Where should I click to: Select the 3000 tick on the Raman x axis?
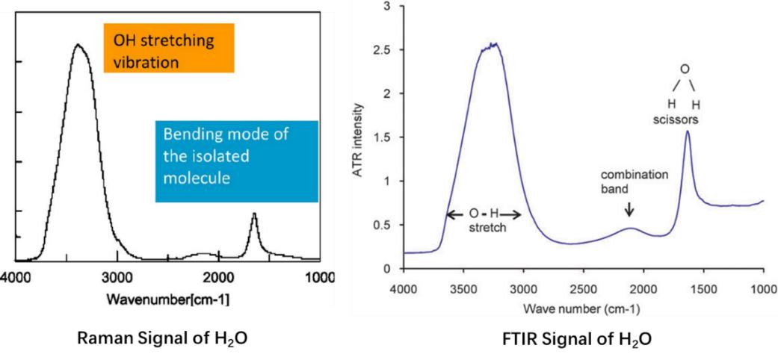pyautogui.click(x=117, y=276)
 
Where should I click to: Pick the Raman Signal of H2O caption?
pyautogui.click(x=163, y=338)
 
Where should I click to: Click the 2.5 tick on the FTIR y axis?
pyautogui.click(x=389, y=50)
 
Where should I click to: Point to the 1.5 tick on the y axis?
pyautogui.click(x=389, y=137)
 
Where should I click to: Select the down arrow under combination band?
pyautogui.click(x=629, y=208)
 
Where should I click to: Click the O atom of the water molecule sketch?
pyautogui.click(x=684, y=69)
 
